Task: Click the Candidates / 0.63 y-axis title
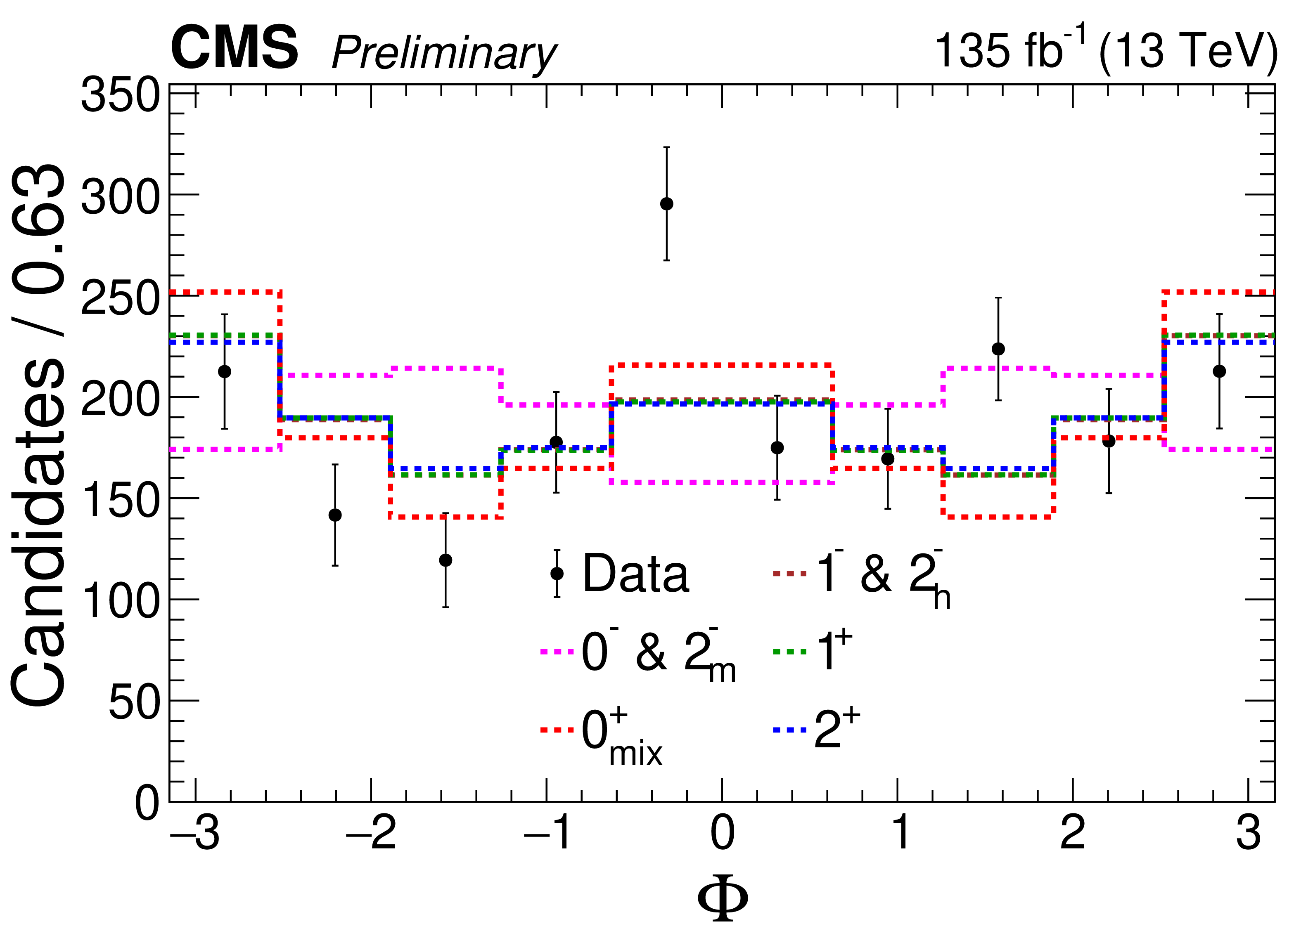tap(39, 436)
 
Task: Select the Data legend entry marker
tap(557, 573)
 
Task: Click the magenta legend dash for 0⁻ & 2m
tap(557, 652)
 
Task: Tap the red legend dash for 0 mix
tap(557, 730)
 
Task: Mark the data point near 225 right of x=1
tap(998, 349)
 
